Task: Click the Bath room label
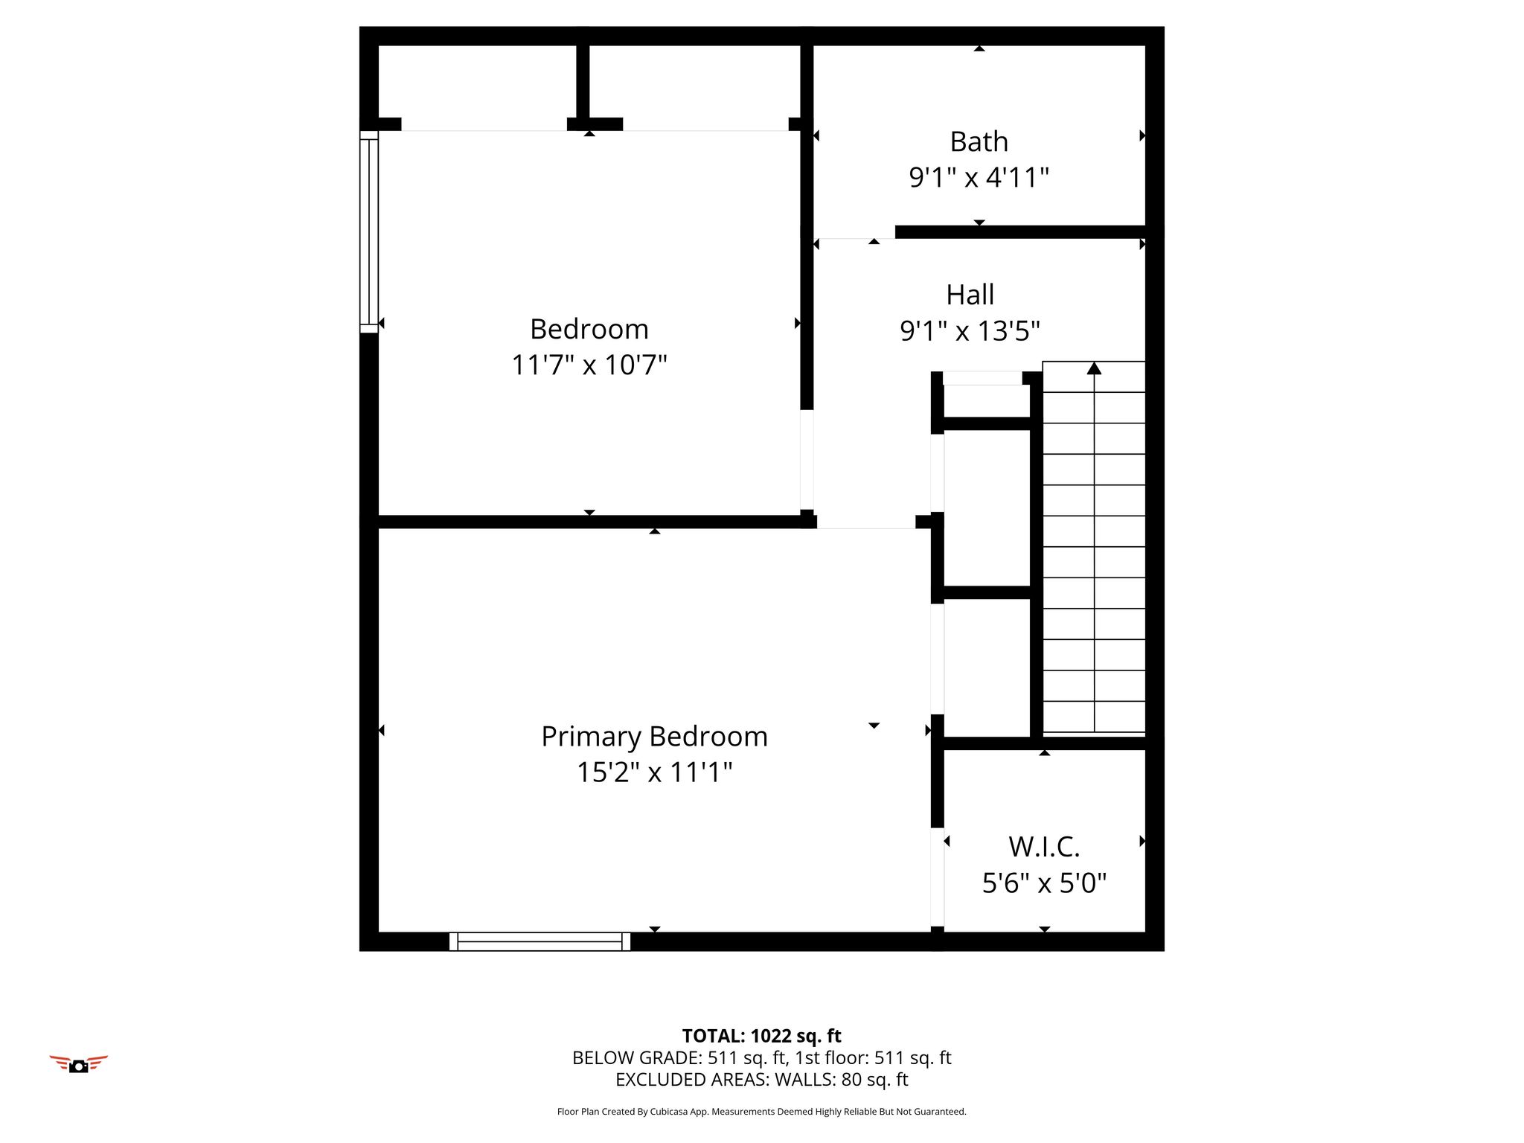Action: pyautogui.click(x=979, y=141)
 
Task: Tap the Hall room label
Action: pyautogui.click(x=970, y=295)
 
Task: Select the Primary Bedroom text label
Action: pyautogui.click(x=654, y=737)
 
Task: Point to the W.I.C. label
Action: pyautogui.click(x=1044, y=847)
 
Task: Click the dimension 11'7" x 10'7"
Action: pyautogui.click(x=589, y=365)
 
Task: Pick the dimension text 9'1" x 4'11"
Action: pyautogui.click(x=979, y=177)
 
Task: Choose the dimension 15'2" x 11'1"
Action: pyautogui.click(x=654, y=772)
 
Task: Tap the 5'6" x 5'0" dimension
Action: pyautogui.click(x=1044, y=883)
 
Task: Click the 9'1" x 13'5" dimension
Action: pyautogui.click(x=970, y=330)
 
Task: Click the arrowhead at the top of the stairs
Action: pyautogui.click(x=1094, y=368)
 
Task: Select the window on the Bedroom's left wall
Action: pyautogui.click(x=369, y=231)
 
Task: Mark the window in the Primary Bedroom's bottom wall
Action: pyautogui.click(x=540, y=941)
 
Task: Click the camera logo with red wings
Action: pyautogui.click(x=79, y=1064)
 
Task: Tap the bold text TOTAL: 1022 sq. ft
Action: pyautogui.click(x=761, y=1036)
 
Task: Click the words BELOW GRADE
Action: pyautogui.click(x=636, y=1057)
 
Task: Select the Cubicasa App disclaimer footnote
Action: pyautogui.click(x=761, y=1112)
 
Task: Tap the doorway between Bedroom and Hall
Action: pyautogui.click(x=807, y=459)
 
